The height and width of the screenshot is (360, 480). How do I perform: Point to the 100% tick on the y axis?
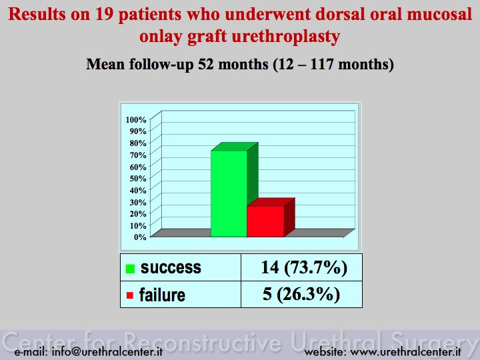click(136, 120)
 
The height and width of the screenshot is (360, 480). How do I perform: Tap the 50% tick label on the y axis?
click(138, 179)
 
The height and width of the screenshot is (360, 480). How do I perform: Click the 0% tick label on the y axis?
click(140, 237)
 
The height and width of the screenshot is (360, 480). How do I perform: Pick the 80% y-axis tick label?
click(138, 143)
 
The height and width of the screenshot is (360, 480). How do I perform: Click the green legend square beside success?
click(130, 269)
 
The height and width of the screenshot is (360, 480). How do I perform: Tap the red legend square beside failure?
click(130, 295)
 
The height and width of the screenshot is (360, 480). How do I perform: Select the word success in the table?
click(171, 267)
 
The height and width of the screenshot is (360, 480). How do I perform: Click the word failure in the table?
click(162, 295)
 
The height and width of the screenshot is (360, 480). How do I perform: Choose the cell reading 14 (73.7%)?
click(304, 267)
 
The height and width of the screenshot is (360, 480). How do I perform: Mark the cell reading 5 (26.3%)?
click(301, 294)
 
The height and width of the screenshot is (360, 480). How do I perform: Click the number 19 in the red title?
click(104, 15)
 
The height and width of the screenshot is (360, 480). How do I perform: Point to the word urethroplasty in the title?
click(286, 37)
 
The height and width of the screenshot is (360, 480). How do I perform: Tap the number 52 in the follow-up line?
click(206, 64)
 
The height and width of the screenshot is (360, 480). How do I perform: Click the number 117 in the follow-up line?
click(323, 64)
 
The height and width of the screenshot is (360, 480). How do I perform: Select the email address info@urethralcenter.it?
click(107, 352)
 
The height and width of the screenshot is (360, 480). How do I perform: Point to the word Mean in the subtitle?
click(105, 64)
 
